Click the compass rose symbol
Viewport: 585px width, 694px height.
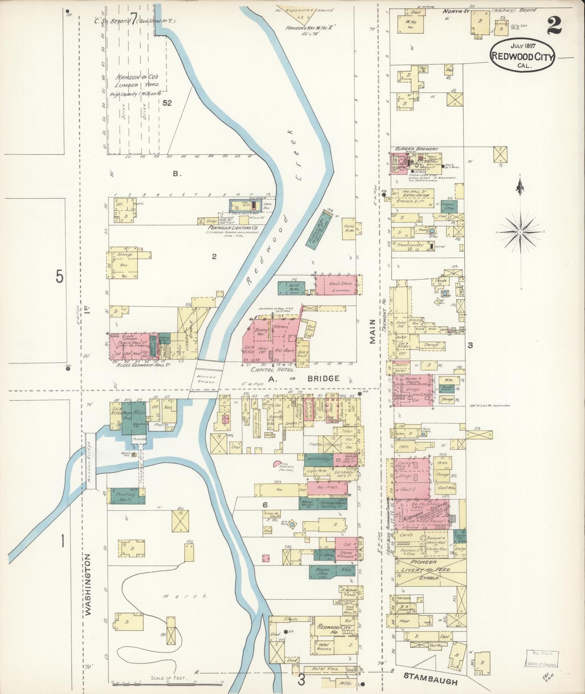coord(520,232)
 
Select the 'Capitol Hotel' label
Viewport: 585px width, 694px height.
coord(273,370)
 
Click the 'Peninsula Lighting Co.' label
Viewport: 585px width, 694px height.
coord(232,227)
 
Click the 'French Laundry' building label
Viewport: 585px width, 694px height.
coord(410,245)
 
